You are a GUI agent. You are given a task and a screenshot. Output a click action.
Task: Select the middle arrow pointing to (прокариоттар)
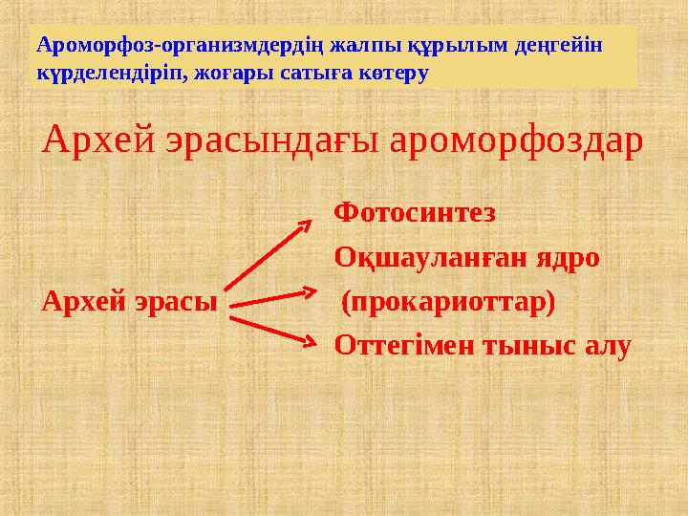(x=272, y=297)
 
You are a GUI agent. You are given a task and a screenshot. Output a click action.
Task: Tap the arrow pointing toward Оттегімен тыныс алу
(x=273, y=327)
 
